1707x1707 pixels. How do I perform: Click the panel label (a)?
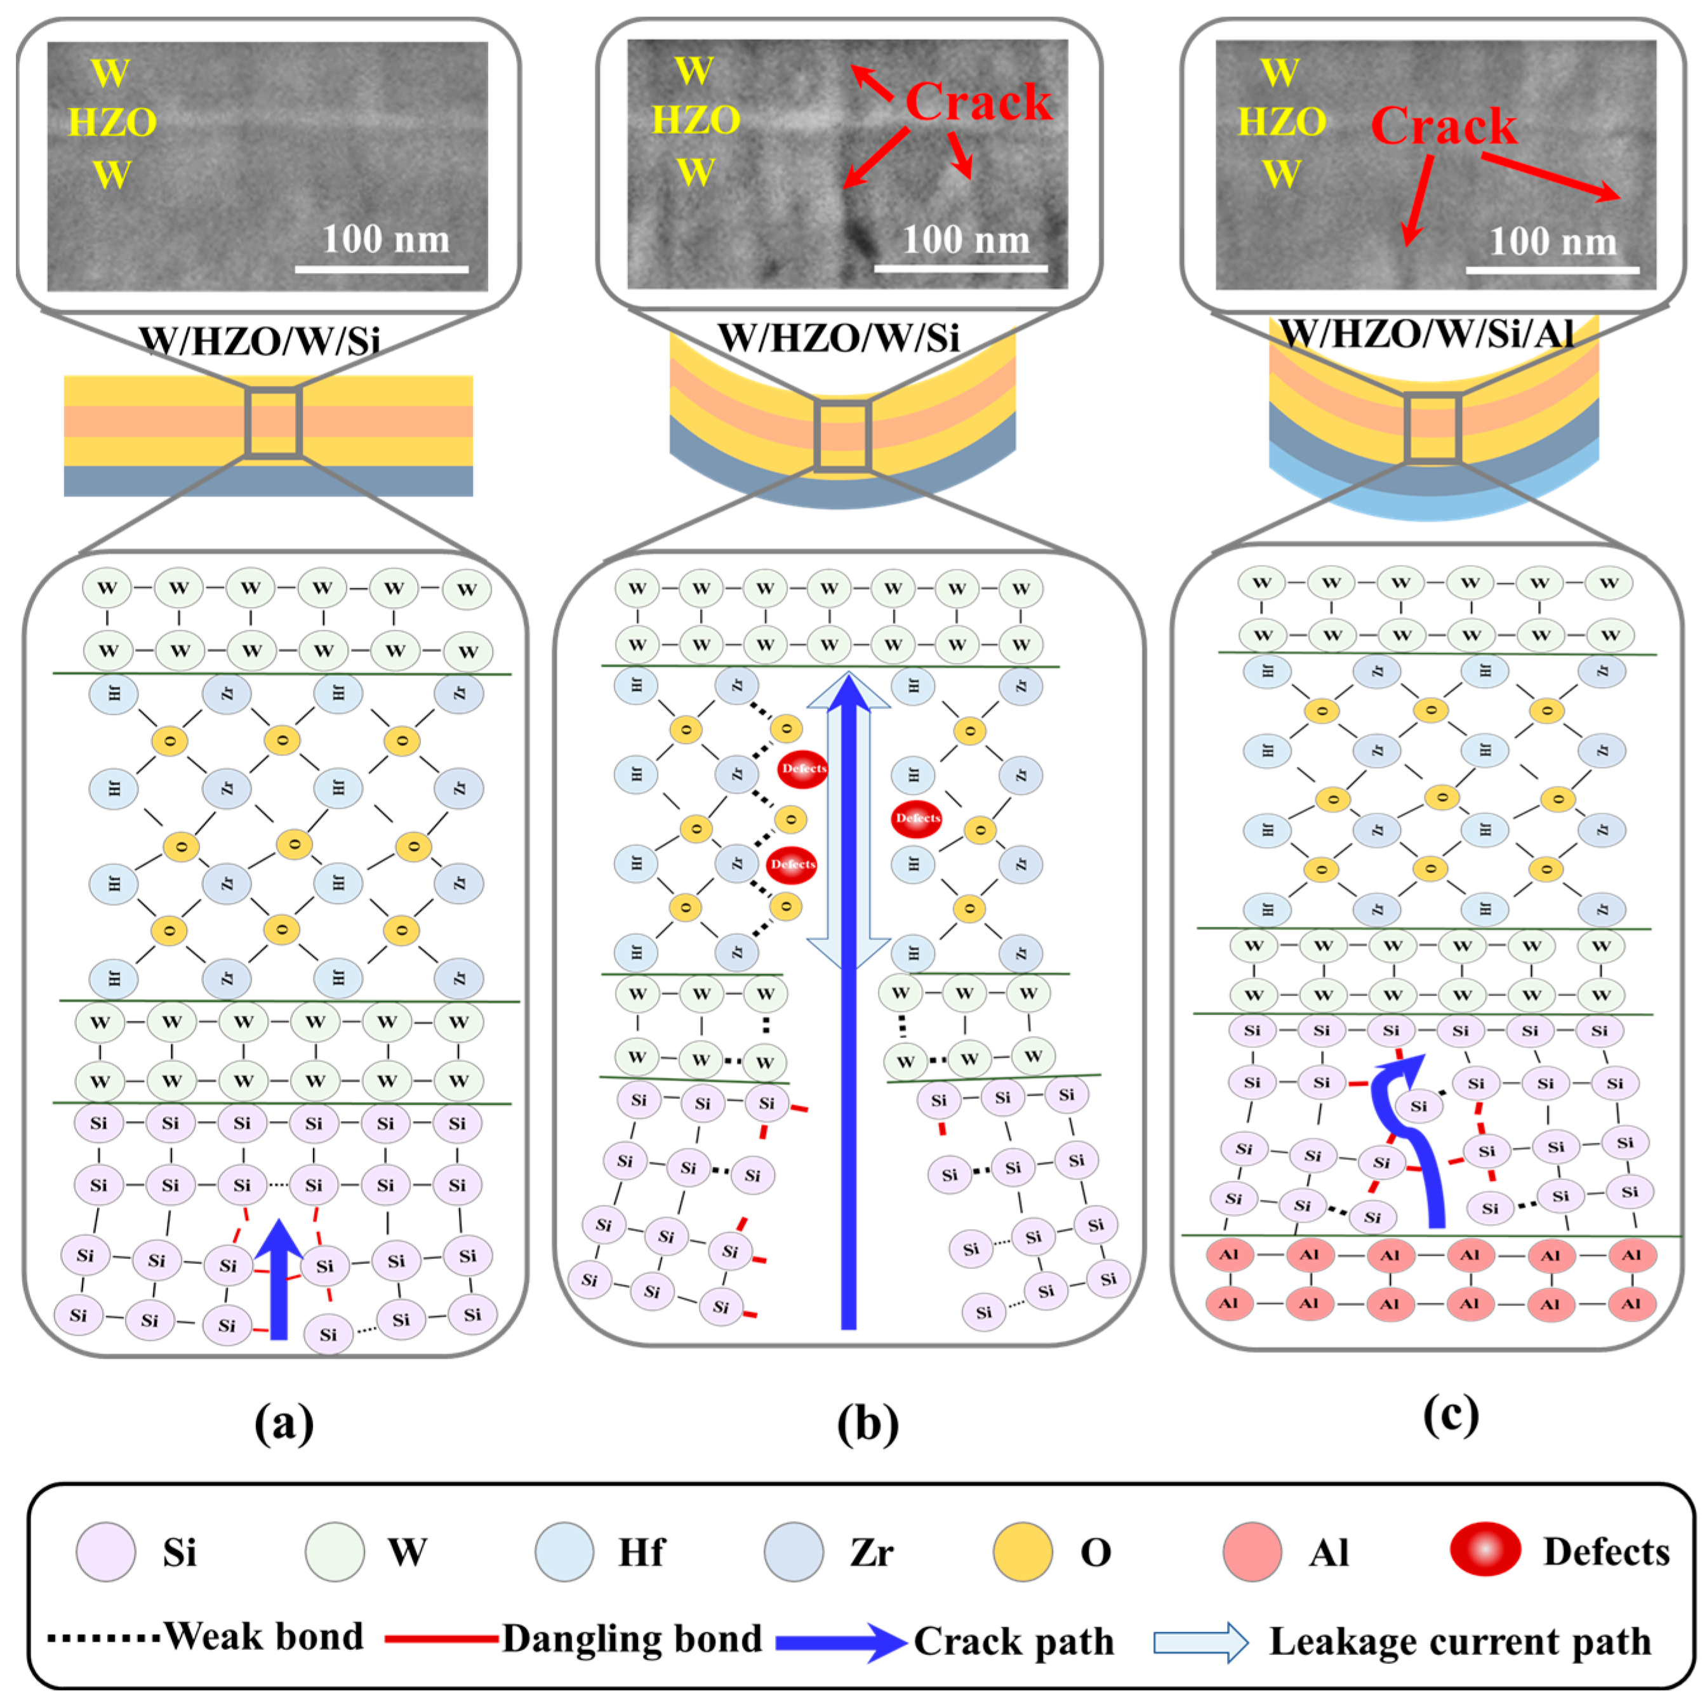point(284,1423)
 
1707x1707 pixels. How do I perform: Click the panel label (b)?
point(868,1423)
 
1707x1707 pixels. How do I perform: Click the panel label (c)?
point(1450,1414)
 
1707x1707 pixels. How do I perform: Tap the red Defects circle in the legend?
point(1485,1549)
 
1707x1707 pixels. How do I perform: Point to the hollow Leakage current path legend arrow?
point(1200,1642)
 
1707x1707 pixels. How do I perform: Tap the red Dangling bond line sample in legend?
point(442,1639)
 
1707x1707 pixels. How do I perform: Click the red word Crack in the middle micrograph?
point(978,102)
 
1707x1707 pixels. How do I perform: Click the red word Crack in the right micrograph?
point(1443,126)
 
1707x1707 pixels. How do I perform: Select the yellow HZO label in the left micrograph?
point(112,122)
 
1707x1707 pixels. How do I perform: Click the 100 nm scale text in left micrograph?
point(385,239)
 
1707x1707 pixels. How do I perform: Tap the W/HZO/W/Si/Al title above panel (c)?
point(1427,334)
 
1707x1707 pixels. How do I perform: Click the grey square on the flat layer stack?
point(274,422)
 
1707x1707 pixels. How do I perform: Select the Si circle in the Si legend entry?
point(106,1551)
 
